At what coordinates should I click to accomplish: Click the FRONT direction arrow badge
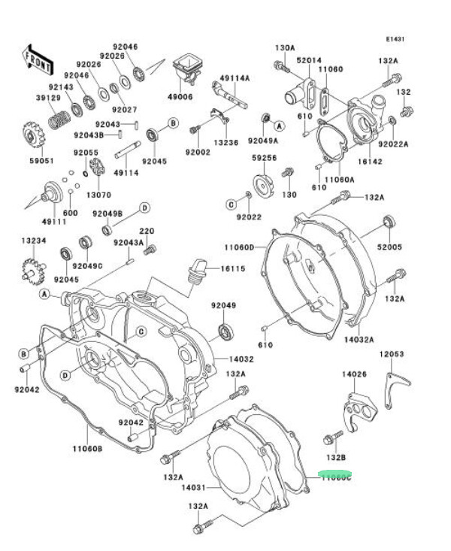tap(38, 61)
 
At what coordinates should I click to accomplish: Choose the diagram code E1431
tap(395, 38)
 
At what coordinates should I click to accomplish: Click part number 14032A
tap(359, 340)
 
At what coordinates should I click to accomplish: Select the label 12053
tap(391, 353)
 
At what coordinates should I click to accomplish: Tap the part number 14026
tap(354, 374)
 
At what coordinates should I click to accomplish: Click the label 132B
tap(335, 457)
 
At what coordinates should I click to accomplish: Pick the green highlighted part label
tap(335, 477)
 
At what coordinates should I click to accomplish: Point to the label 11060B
tap(87, 449)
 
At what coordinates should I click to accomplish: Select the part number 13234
tap(33, 241)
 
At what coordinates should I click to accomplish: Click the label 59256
tap(264, 159)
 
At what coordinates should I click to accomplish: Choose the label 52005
tap(390, 247)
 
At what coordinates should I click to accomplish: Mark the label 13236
tap(225, 143)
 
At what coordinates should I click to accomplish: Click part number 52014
tap(309, 61)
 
